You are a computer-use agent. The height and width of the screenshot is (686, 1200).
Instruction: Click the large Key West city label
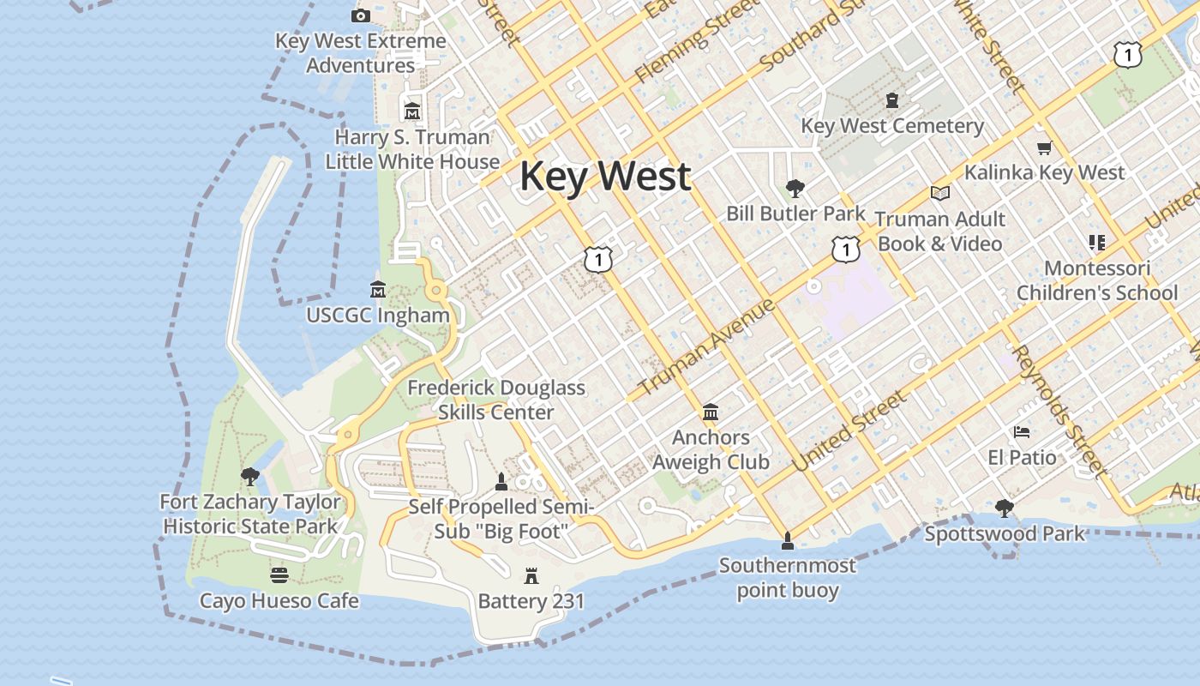605,176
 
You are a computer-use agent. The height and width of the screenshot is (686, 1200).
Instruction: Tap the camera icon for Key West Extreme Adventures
361,15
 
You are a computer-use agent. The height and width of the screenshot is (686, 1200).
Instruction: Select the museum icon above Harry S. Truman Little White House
412,111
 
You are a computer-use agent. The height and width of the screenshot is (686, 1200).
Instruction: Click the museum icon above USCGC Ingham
377,290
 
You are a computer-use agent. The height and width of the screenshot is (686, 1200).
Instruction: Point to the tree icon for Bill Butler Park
795,188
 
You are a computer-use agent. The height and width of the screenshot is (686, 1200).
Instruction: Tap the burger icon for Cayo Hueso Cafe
279,575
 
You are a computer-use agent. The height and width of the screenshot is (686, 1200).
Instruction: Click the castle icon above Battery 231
531,576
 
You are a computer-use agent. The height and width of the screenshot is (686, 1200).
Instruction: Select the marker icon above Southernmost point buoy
787,540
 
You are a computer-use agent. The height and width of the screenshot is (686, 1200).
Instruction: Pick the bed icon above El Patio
1021,431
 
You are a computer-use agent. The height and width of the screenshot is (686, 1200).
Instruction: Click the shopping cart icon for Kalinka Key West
1044,147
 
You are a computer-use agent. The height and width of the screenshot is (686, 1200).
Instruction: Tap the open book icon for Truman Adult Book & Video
940,193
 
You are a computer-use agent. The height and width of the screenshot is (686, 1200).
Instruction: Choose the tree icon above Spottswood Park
1004,508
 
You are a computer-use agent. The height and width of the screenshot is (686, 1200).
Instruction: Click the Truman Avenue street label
707,347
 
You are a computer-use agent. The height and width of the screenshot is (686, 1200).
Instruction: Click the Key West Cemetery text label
892,126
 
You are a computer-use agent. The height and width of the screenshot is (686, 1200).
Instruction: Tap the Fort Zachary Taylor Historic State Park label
250,514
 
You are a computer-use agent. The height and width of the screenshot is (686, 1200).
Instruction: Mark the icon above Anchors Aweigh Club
710,412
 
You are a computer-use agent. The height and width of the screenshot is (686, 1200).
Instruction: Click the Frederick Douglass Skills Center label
495,400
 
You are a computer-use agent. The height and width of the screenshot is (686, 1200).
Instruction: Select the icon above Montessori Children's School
1096,243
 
